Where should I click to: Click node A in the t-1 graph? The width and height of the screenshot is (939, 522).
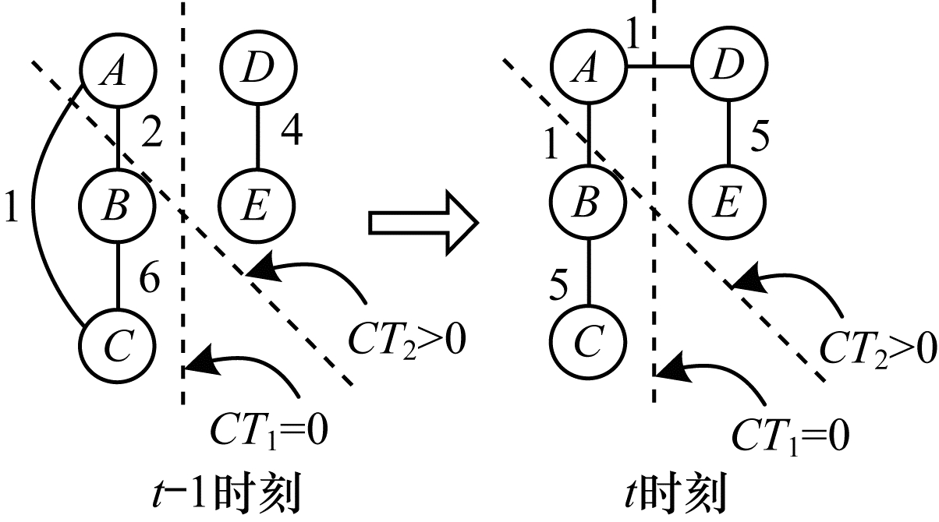point(116,72)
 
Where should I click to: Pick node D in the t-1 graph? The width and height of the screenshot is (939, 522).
point(257,72)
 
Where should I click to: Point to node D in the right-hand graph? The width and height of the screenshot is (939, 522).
point(728,68)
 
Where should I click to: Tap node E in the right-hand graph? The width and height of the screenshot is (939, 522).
point(728,204)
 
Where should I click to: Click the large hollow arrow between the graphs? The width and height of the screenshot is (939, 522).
point(421,224)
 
